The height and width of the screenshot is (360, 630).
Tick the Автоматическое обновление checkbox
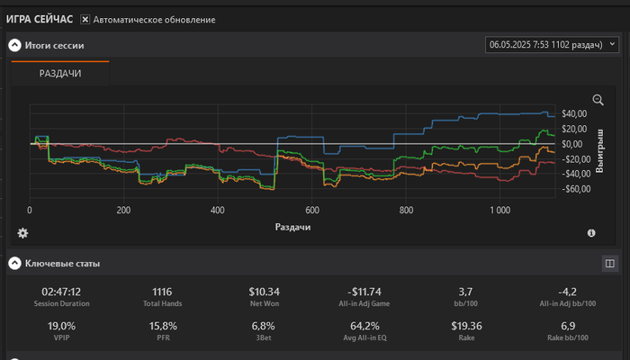click(85, 19)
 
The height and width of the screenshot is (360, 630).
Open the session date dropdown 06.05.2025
click(552, 43)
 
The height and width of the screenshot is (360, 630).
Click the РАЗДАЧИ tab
click(60, 74)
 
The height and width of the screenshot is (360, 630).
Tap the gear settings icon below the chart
click(22, 233)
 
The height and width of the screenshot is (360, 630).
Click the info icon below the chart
click(591, 233)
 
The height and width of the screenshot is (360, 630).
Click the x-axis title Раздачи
click(293, 228)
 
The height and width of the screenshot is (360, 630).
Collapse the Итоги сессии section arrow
click(14, 44)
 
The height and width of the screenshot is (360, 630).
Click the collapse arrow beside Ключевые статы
click(14, 264)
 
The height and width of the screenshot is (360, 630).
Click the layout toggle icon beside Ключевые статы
click(609, 264)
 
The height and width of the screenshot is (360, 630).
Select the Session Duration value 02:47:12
click(61, 292)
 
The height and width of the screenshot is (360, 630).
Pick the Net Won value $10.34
click(265, 292)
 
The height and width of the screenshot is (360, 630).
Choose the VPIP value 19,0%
click(61, 326)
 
